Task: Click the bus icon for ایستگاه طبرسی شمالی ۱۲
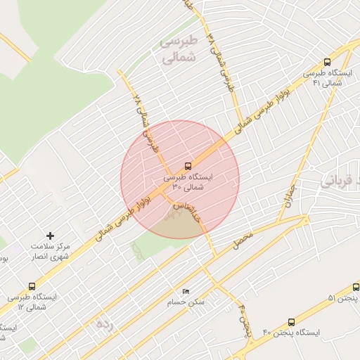(x=32, y=286)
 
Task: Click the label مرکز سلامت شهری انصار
(x=51, y=251)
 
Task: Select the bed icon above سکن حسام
(x=186, y=291)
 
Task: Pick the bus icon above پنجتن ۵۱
(x=356, y=288)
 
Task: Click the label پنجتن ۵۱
(x=342, y=299)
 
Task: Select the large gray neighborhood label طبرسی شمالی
(x=181, y=51)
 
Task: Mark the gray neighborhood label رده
(x=104, y=324)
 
